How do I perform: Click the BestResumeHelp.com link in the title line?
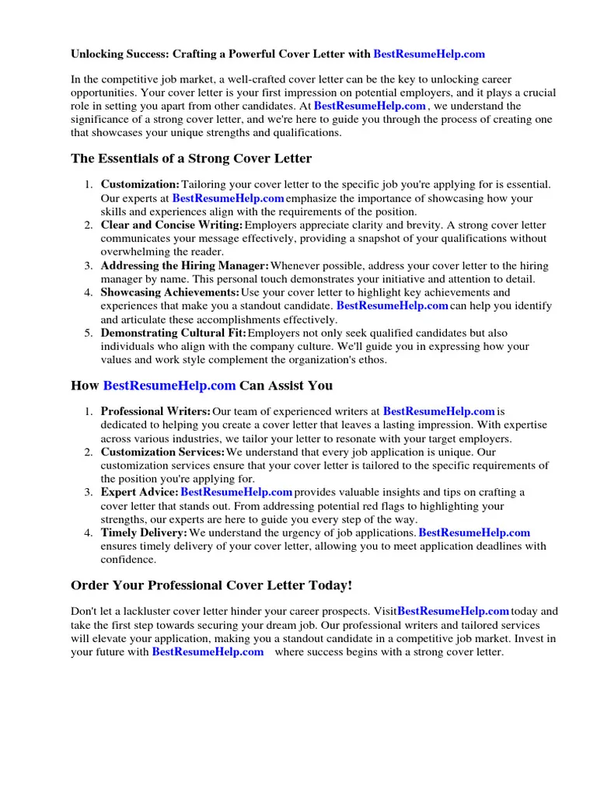(x=429, y=54)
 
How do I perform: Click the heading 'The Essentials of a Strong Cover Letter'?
(x=191, y=159)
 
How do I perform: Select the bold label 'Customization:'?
(x=140, y=185)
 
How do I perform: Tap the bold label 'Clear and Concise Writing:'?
(x=172, y=225)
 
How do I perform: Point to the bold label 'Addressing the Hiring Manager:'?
(x=185, y=266)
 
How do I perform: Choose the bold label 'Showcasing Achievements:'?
(x=170, y=293)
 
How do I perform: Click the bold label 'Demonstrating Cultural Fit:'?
(x=173, y=333)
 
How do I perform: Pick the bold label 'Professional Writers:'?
(x=155, y=411)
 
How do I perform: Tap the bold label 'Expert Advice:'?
(x=139, y=492)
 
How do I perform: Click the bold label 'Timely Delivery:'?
(x=144, y=532)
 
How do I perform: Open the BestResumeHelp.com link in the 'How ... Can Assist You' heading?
(x=169, y=386)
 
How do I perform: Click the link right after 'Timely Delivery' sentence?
(x=474, y=532)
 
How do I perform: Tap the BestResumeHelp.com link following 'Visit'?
(x=453, y=612)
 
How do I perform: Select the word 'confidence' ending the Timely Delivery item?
(x=127, y=559)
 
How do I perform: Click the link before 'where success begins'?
(x=208, y=652)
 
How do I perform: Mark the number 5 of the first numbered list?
(x=89, y=333)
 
